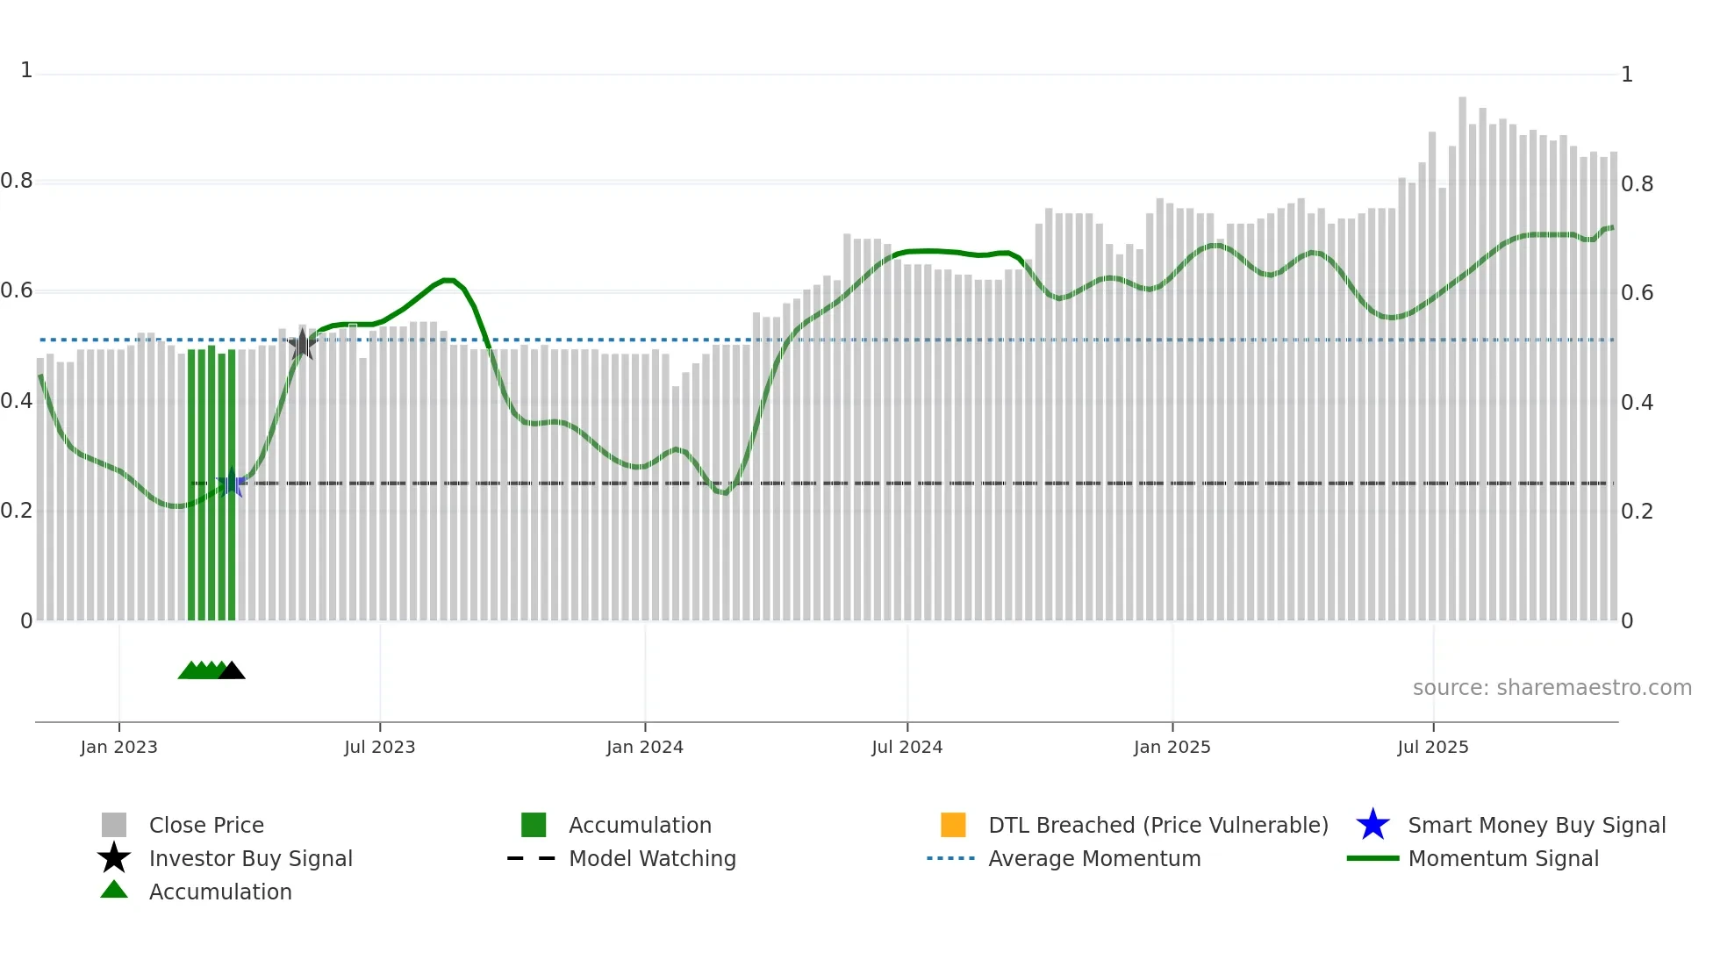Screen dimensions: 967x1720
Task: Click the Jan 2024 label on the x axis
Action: [x=644, y=747]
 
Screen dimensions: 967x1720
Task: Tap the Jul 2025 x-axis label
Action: [x=1432, y=747]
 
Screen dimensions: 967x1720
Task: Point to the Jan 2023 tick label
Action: [x=118, y=747]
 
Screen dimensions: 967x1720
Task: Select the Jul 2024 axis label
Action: [x=907, y=747]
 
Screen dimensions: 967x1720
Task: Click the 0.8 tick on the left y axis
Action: [x=17, y=181]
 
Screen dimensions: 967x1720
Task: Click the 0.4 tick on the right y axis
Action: [x=1637, y=402]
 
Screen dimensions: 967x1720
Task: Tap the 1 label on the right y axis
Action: [x=1626, y=75]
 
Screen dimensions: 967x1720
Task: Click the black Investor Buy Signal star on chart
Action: [x=302, y=345]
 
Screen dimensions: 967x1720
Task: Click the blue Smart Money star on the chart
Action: [x=231, y=483]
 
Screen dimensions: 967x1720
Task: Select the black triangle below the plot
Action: [x=232, y=671]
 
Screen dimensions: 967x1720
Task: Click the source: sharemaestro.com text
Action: [x=1552, y=687]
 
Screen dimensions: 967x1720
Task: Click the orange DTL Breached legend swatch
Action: [x=953, y=825]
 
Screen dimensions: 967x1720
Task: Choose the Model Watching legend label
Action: [x=652, y=858]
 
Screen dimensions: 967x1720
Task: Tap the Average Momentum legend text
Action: [x=1094, y=858]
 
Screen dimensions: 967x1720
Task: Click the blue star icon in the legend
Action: [x=1372, y=825]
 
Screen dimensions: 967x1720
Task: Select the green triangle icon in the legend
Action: [x=114, y=891]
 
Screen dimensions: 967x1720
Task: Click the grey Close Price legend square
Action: [x=114, y=825]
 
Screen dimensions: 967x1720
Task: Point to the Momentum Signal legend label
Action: [x=1503, y=858]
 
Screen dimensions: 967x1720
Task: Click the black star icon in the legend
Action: [x=114, y=858]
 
